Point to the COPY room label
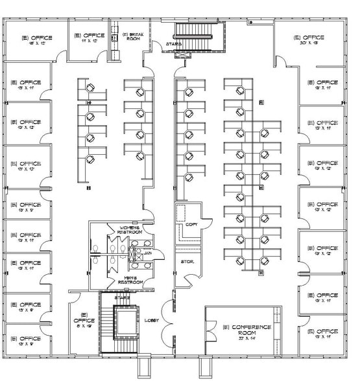(x=191, y=224)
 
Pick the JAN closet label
(x=147, y=253)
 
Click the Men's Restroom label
(x=134, y=281)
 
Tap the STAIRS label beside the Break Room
(x=173, y=44)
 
